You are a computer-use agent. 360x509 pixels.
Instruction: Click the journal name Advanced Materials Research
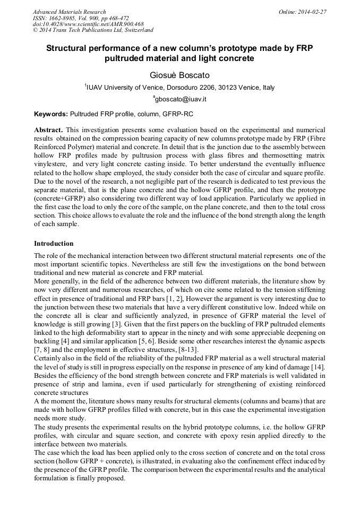[69, 12]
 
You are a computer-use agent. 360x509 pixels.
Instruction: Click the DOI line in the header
[88, 24]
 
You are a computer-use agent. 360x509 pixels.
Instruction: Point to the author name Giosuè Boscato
[179, 75]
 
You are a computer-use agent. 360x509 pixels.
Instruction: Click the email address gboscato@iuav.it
[181, 99]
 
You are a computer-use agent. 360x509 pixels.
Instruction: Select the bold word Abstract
[48, 130]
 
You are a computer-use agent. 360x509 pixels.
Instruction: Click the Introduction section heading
[54, 244]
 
